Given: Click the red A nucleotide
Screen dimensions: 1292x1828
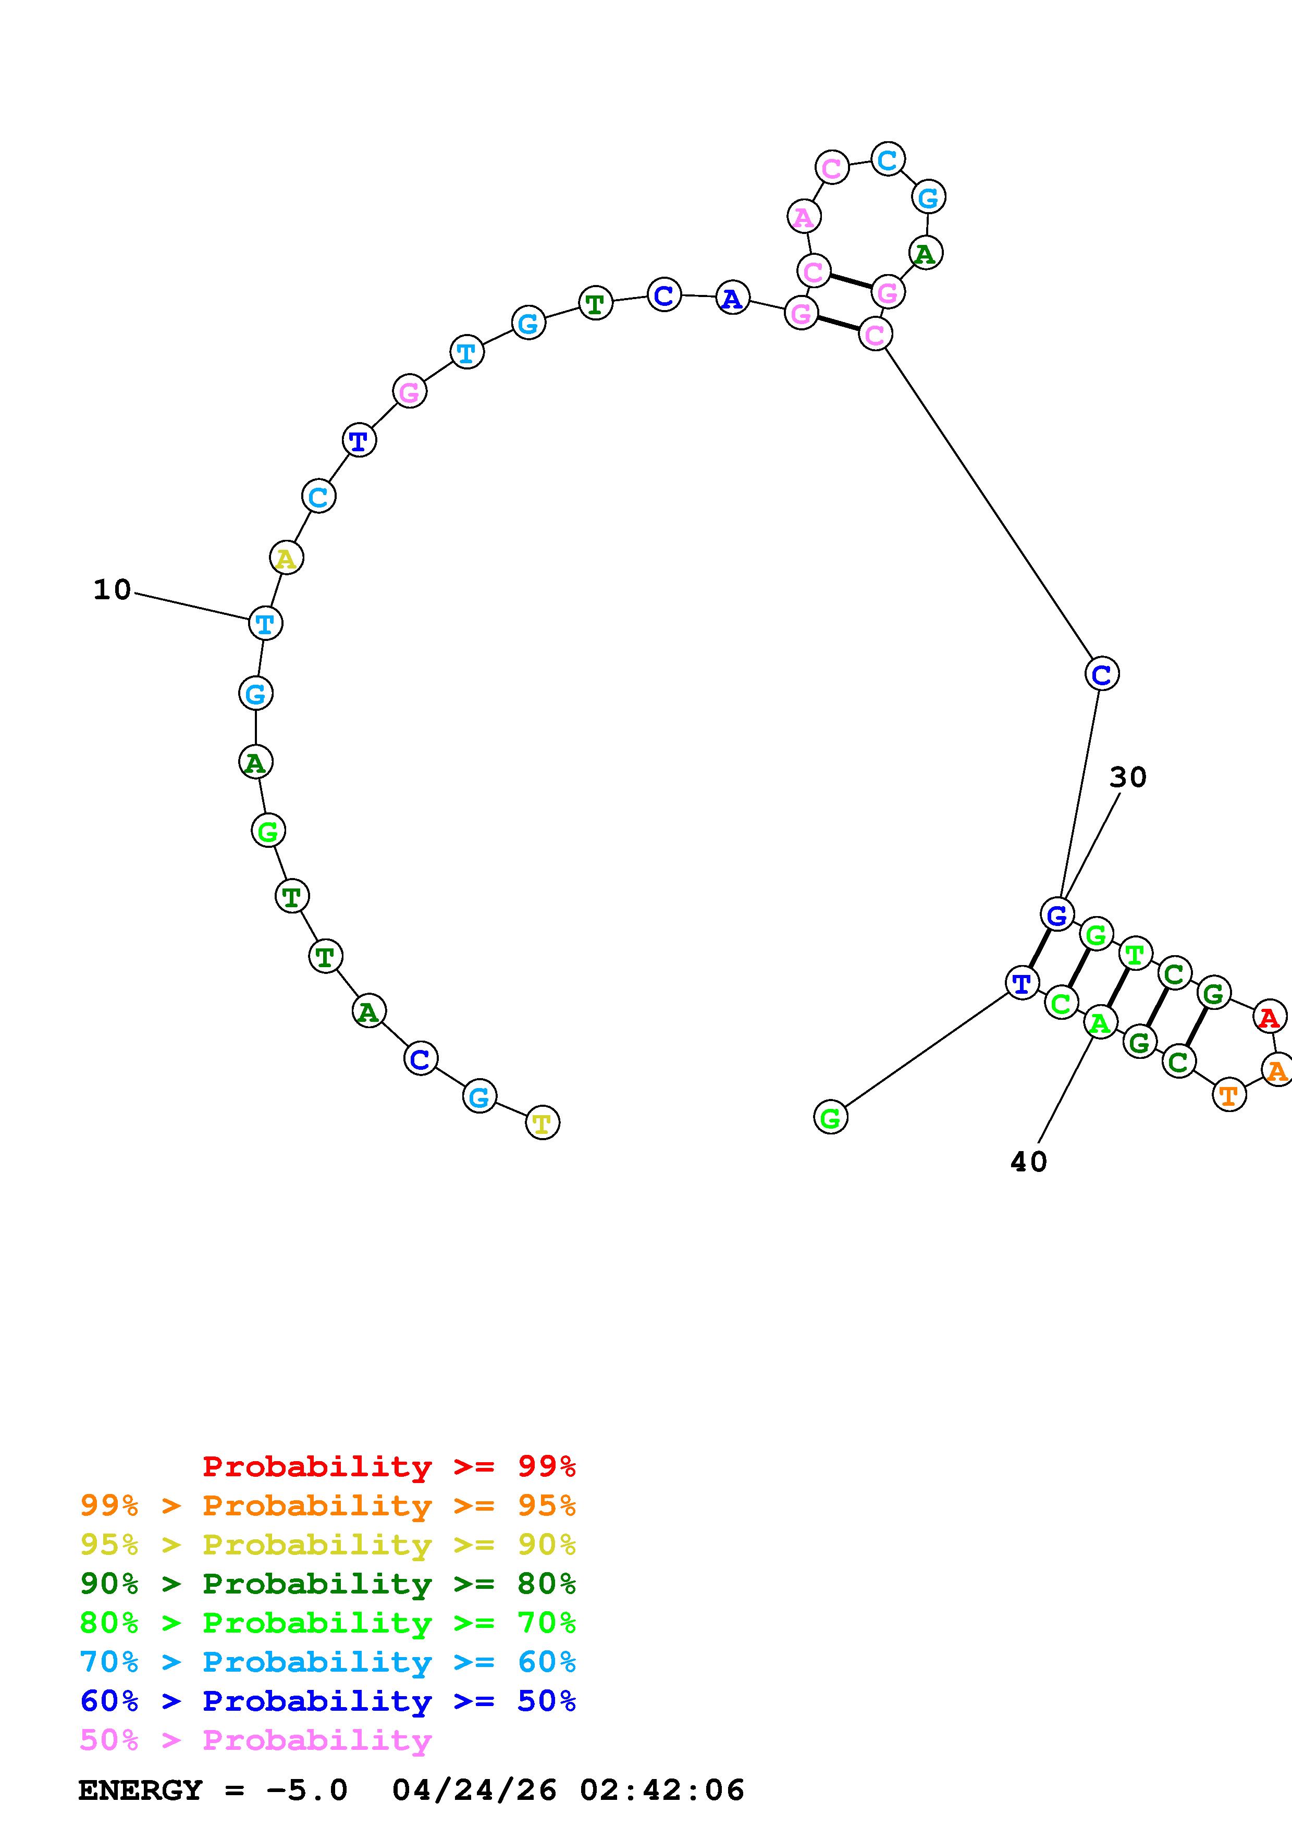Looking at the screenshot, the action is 1269,1017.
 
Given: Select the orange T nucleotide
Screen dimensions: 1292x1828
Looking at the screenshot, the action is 1228,1095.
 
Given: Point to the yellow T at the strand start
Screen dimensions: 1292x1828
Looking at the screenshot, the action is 542,1122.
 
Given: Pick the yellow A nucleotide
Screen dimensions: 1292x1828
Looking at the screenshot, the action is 286,558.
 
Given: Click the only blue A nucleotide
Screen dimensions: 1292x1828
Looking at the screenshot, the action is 732,298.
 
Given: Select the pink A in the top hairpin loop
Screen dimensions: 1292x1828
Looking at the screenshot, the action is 803,217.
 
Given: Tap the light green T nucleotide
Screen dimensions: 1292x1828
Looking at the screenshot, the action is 1135,954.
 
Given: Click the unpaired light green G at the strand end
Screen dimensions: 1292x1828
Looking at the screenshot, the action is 830,1118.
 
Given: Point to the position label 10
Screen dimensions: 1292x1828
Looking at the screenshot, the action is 112,590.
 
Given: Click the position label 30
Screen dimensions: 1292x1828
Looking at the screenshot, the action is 1127,777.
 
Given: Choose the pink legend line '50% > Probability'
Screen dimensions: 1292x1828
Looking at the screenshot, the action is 255,1740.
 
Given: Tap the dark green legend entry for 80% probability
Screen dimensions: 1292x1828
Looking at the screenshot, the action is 327,1584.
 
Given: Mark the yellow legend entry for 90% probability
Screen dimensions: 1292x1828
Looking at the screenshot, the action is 327,1545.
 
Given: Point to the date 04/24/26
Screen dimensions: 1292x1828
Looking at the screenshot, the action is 474,1790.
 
